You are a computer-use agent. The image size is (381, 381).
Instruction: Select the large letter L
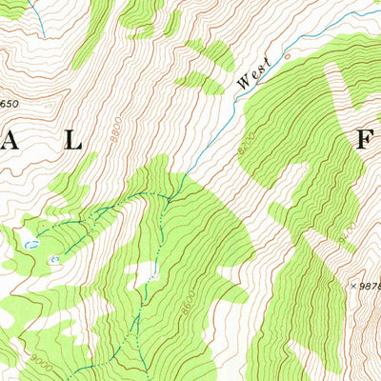tap(72, 139)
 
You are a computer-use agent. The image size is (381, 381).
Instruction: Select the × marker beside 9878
tap(352, 285)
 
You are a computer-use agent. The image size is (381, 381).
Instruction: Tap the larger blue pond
tap(31, 245)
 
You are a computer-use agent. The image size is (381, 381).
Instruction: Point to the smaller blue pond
tap(54, 258)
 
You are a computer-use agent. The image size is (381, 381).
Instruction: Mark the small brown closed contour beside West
tap(285, 59)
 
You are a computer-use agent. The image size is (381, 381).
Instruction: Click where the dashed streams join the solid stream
tap(172, 195)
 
